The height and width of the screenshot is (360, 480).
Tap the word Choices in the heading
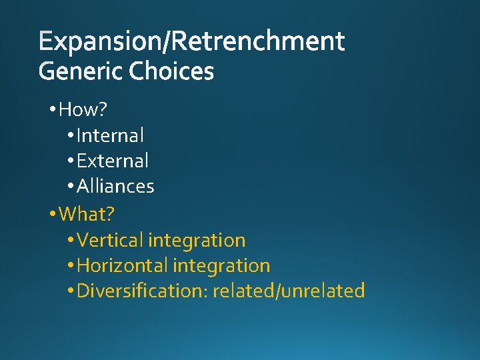pos(171,71)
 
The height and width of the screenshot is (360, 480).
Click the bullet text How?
pos(84,109)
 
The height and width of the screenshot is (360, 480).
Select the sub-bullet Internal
pos(110,135)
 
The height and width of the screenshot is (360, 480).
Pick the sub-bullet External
pos(113,161)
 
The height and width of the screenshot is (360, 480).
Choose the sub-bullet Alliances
pos(115,186)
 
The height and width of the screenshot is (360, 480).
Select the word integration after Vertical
pos(197,240)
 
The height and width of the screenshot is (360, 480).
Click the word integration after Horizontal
pos(221,265)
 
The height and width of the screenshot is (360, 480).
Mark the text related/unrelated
pos(289,291)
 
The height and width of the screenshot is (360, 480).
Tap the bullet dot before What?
pos(53,215)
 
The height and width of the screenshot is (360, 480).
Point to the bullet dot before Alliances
pos(71,187)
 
